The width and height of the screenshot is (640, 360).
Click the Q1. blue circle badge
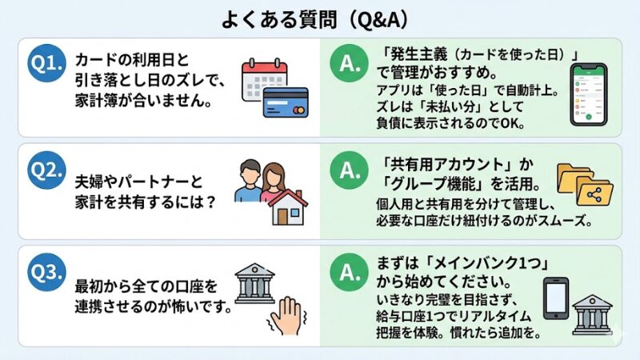(x=46, y=63)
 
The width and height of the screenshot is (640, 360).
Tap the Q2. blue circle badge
(x=46, y=170)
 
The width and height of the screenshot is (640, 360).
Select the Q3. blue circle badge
(x=46, y=272)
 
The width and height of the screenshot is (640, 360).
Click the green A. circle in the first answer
(x=350, y=63)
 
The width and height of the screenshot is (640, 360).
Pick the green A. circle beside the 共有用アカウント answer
(x=350, y=170)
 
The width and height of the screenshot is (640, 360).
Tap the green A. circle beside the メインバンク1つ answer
(x=350, y=272)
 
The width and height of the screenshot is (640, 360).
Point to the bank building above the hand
(x=254, y=281)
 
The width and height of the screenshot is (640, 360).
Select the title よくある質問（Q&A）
(x=320, y=18)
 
